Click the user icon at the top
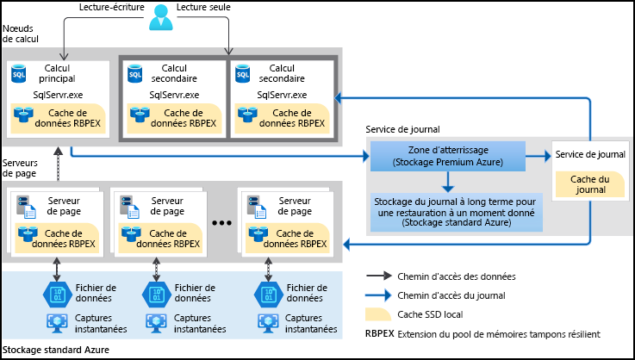coord(159,16)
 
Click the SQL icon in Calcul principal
coord(19,74)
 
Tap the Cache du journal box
coord(589,183)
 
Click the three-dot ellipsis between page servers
coord(222,223)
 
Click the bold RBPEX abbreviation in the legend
coord(379,333)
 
